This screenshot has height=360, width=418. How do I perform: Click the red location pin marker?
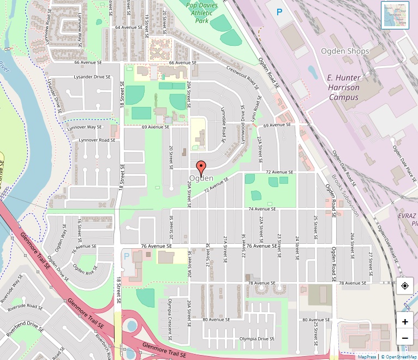[x=201, y=167]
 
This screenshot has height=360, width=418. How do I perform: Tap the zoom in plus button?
[x=405, y=321]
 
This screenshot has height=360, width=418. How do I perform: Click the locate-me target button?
[x=405, y=286]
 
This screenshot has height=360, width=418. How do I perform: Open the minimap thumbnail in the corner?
[x=395, y=15]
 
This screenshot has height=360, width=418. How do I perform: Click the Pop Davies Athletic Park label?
[x=202, y=13]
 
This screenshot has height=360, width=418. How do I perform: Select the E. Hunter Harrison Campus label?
[x=343, y=87]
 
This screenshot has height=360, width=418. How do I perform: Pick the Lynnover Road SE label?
[x=97, y=140]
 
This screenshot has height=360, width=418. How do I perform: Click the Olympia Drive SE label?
[x=257, y=339]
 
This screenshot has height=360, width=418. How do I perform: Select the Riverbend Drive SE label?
[x=25, y=328]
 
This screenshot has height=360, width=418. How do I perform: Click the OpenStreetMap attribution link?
[x=399, y=357]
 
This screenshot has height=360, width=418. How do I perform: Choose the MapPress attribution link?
[x=367, y=357]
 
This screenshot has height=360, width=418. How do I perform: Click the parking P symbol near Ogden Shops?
[x=280, y=11]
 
